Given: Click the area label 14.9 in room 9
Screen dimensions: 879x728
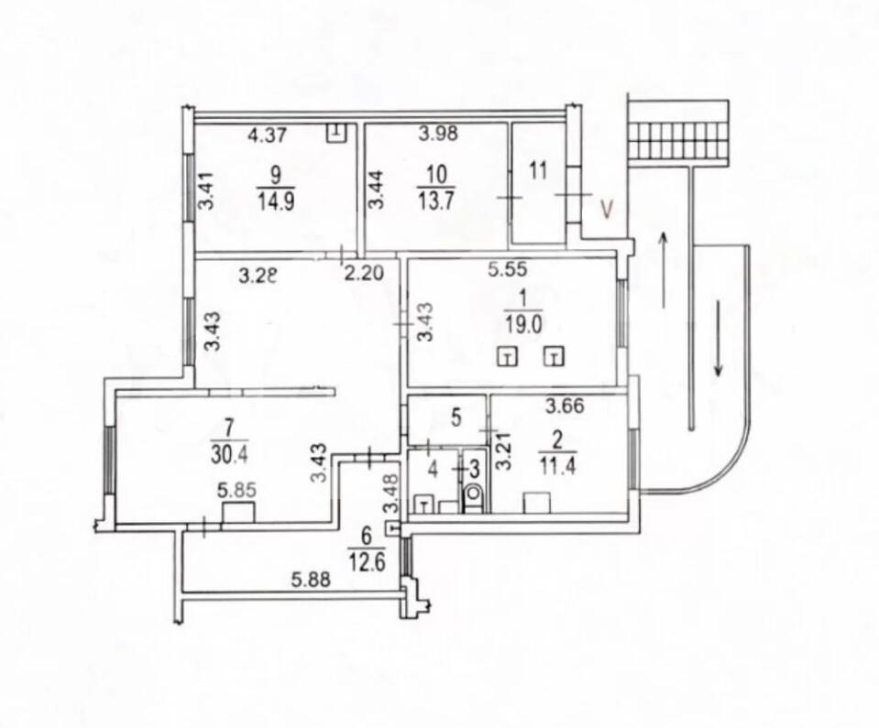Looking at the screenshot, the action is (276, 201).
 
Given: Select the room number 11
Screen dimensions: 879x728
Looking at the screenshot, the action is (538, 171).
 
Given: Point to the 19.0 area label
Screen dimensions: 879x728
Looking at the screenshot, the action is (523, 326).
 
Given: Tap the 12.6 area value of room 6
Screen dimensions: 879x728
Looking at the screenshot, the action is (367, 561).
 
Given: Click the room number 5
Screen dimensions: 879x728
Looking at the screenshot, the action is (456, 418).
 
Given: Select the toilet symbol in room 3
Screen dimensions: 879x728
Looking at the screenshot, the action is (474, 494).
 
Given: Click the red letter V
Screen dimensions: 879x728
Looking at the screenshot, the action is (607, 209).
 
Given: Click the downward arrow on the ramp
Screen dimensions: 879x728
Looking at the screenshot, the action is (719, 338).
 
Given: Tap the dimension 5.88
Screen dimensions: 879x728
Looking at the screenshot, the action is (311, 580).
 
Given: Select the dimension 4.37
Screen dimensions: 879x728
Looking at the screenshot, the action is (268, 135).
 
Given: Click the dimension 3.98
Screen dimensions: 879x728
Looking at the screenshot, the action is (439, 134).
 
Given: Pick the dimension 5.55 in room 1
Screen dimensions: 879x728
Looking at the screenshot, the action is (508, 269).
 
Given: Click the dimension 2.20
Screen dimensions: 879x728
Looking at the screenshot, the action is (364, 273).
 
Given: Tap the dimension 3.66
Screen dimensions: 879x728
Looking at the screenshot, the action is (566, 406).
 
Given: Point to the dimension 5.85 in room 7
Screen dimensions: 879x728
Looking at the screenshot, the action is (236, 491).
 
